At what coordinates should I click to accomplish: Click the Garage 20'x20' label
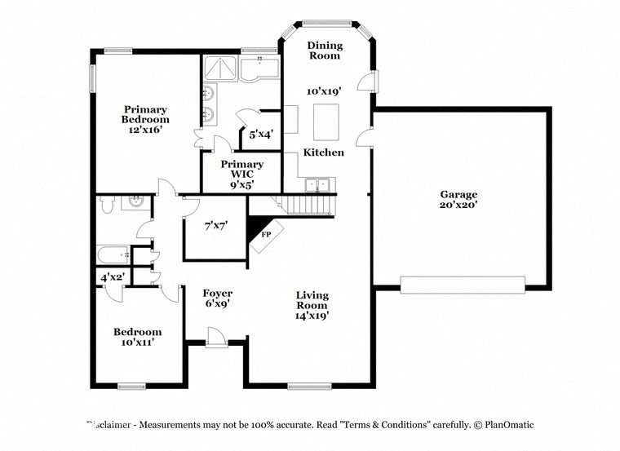[x=458, y=200]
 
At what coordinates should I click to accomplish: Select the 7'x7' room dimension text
[x=215, y=224]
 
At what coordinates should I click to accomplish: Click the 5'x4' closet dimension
[x=260, y=133]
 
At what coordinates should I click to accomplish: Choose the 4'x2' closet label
[x=111, y=277]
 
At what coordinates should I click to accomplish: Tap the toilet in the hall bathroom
[x=108, y=205]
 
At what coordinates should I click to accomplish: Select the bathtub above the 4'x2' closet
[x=113, y=255]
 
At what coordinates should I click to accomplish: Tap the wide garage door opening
[x=462, y=284]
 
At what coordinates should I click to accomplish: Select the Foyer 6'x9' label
[x=218, y=298]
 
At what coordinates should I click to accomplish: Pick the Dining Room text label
[x=325, y=51]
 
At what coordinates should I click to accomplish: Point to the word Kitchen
[x=324, y=153]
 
